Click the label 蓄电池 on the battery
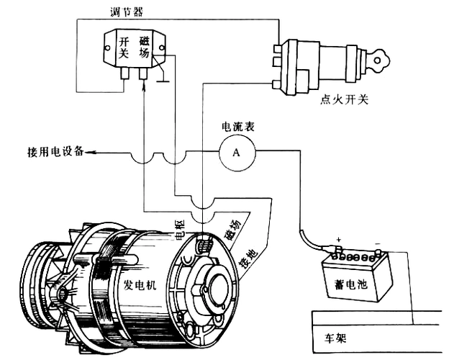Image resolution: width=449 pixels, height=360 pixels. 352,284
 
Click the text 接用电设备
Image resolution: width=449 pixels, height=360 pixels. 55,152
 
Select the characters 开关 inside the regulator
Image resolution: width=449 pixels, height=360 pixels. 124,48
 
